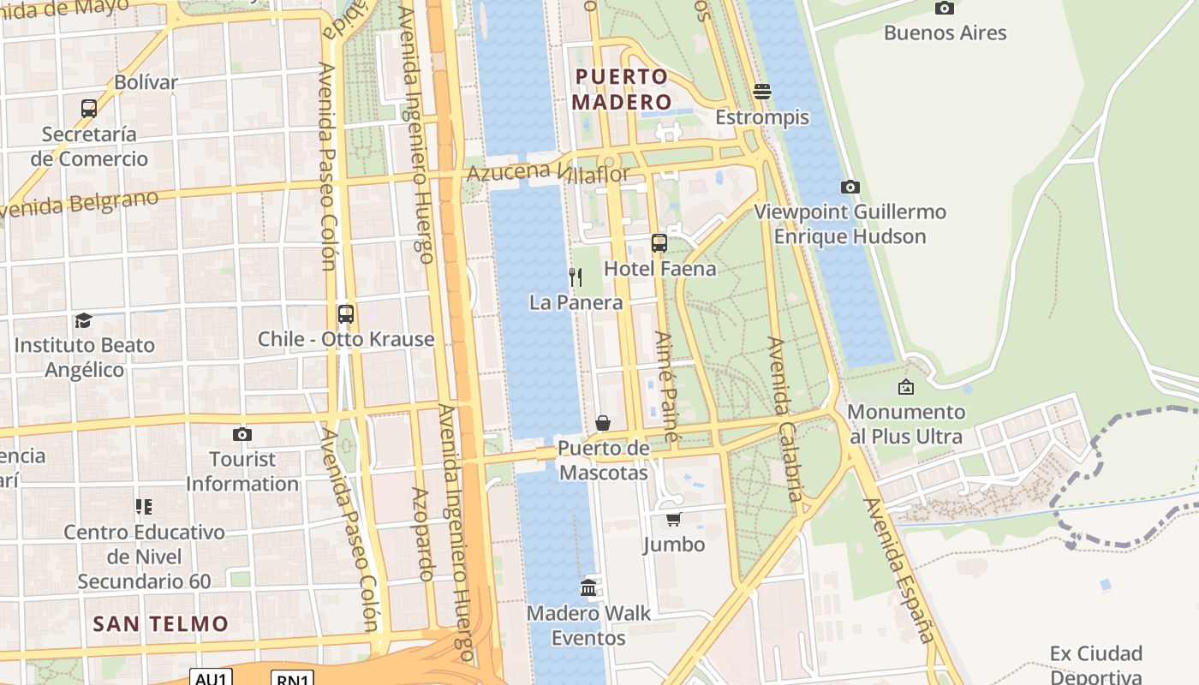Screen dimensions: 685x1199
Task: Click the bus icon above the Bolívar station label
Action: [x=89, y=109]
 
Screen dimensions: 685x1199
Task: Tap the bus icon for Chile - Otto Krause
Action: [x=345, y=314]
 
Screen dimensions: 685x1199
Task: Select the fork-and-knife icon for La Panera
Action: [x=576, y=277]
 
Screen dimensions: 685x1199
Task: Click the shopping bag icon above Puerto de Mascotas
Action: [x=603, y=423]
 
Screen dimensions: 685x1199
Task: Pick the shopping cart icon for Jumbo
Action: [x=674, y=520]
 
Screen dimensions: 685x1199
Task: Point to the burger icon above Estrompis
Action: [x=762, y=92]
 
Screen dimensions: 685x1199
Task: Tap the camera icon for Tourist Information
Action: [x=242, y=434]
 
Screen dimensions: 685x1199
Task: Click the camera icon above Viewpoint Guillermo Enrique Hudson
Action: [x=850, y=187]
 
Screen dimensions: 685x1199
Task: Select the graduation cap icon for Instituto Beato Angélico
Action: [x=83, y=320]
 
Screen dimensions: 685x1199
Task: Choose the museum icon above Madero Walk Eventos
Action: [x=588, y=588]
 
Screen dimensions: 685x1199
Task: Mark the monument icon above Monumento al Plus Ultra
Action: [x=906, y=387]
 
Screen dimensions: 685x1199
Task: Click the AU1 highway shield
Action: [x=211, y=678]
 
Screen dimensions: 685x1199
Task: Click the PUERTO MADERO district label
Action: [x=621, y=89]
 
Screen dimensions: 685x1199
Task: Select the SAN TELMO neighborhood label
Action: [x=161, y=623]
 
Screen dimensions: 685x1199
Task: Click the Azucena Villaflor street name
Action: [x=548, y=172]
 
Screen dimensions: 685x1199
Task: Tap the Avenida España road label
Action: [x=898, y=569]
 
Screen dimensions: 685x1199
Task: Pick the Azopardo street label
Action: [x=422, y=534]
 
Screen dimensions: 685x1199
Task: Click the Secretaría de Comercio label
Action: [x=89, y=146]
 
